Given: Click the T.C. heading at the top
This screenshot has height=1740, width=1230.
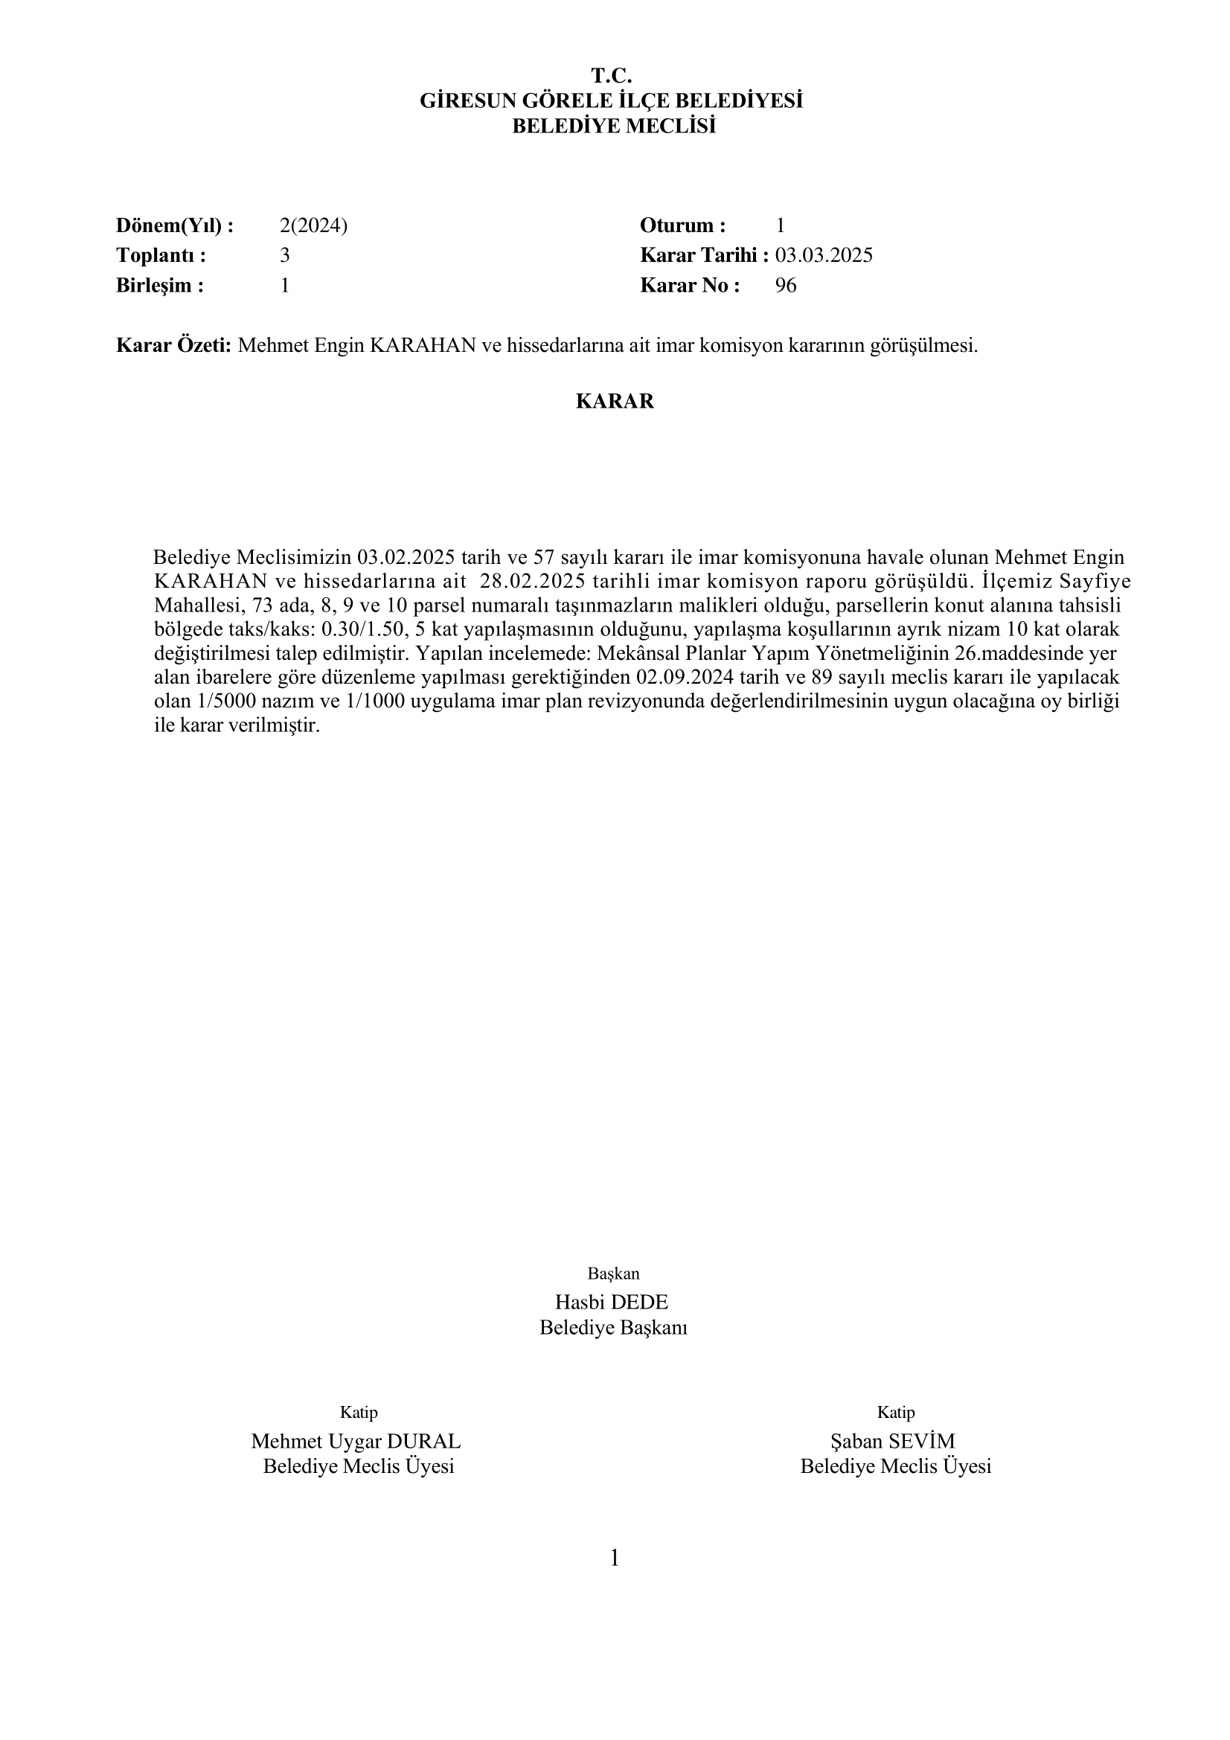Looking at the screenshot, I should pyautogui.click(x=612, y=76).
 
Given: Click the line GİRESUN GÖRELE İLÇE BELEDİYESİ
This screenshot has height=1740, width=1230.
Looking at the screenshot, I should pyautogui.click(x=612, y=100).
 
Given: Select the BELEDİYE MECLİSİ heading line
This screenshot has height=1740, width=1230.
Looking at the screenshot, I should pyautogui.click(x=614, y=126).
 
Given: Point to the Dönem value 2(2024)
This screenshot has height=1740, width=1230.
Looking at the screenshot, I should pyautogui.click(x=314, y=226).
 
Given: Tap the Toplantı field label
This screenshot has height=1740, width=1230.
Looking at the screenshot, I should pyautogui.click(x=161, y=255).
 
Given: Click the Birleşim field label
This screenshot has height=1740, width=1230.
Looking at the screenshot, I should pyautogui.click(x=160, y=286).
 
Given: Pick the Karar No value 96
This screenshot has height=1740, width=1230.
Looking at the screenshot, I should pyautogui.click(x=786, y=286).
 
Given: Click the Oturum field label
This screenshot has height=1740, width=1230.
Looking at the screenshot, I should pyautogui.click(x=683, y=226).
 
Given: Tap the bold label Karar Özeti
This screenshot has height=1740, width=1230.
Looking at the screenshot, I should pyautogui.click(x=173, y=347).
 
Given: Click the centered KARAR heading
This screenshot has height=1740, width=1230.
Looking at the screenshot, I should pyautogui.click(x=615, y=402).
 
